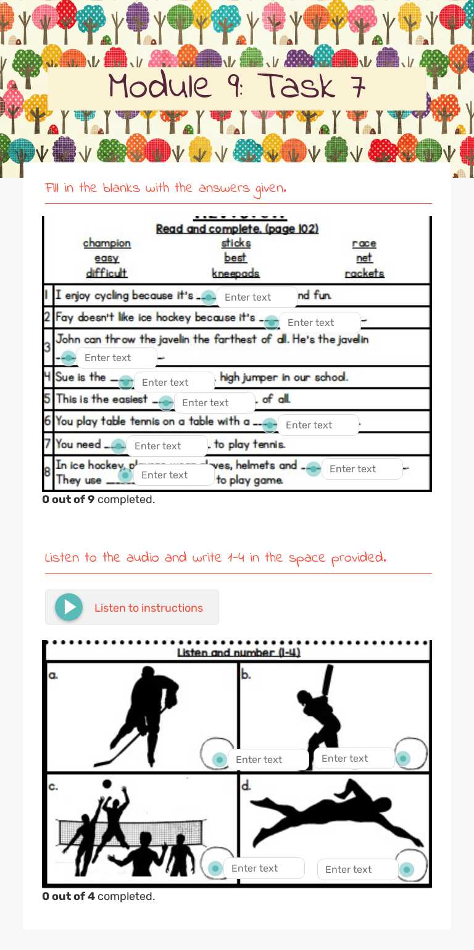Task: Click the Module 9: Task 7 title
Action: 237,86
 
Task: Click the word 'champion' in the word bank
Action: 107,243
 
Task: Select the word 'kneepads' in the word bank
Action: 235,273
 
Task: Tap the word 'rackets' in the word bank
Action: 364,273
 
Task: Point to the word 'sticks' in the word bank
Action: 236,243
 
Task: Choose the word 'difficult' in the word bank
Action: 106,273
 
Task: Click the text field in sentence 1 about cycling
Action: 257,297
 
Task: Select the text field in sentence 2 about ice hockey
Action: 320,322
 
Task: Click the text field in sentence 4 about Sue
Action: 174,382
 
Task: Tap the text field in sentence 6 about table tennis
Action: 318,425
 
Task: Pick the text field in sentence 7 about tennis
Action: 167,446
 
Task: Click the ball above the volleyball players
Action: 107,783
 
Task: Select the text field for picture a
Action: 268,759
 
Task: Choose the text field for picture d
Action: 357,869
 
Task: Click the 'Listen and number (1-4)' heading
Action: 238,652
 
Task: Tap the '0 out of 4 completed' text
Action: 99,896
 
